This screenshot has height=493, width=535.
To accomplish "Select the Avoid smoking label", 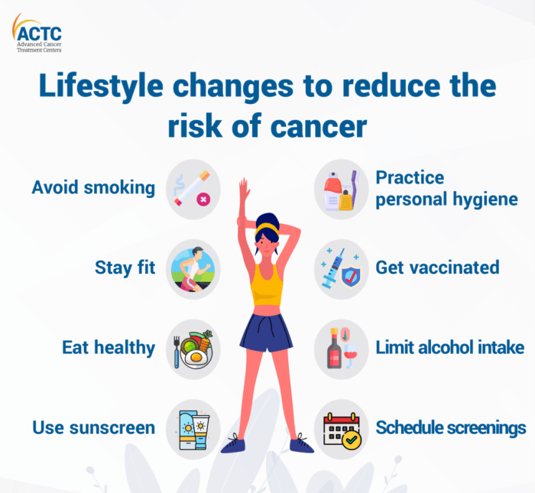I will click(92, 187).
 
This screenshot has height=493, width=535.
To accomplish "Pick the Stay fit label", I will click(125, 268).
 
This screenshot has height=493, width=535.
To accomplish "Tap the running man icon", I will click(193, 269).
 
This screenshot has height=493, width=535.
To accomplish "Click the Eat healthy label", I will click(109, 348).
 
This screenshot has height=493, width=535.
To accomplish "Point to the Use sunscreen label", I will click(92, 427).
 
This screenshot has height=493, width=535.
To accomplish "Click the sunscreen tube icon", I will click(193, 429).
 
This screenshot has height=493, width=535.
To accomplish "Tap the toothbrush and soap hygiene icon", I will click(342, 190).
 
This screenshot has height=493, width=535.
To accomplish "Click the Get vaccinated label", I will click(437, 268).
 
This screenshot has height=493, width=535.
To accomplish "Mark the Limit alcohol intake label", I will click(449, 348).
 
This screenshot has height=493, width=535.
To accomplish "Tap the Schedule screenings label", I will click(451, 427).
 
